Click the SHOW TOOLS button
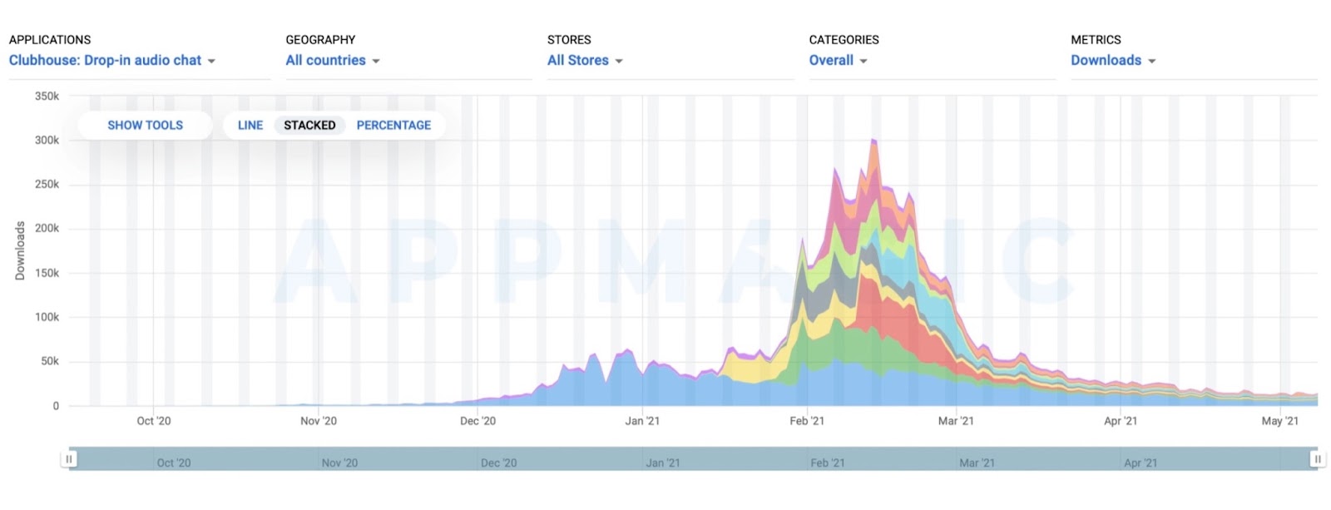pos(145,126)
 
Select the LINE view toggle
pos(250,126)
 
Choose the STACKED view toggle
pos(309,126)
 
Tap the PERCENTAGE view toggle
pos(393,126)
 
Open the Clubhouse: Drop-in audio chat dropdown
pos(112,61)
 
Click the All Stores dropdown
pos(585,61)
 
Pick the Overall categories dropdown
pos(838,61)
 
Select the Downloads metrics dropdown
pos(1112,61)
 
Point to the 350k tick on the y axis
pos(47,97)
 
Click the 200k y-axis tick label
pos(47,229)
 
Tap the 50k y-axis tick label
pos(49,362)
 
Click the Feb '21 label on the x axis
pos(807,421)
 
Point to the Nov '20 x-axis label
pos(319,421)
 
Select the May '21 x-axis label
pos(1279,421)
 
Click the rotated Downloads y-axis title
pos(20,250)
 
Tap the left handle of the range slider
pos(69,459)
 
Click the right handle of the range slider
pos(1317,459)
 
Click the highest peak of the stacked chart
pos(873,141)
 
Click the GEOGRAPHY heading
pos(320,40)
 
